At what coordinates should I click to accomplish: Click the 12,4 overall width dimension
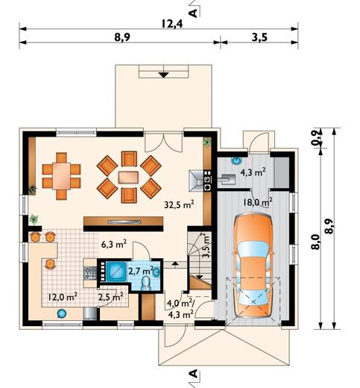tap(172, 24)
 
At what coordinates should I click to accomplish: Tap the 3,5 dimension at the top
tap(259, 37)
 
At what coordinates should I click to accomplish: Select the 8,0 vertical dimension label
tap(315, 242)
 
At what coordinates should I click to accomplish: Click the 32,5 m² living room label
tap(179, 204)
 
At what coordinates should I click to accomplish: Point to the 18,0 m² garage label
tap(258, 201)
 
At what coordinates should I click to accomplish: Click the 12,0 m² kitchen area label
tap(63, 296)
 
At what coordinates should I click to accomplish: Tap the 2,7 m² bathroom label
tap(140, 271)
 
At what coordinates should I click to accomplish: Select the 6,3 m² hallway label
tap(114, 244)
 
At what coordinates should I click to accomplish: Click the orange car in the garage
tap(253, 266)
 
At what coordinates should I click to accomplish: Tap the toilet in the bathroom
tap(146, 284)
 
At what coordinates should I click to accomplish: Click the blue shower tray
tap(116, 271)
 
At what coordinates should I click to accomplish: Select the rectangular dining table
tap(61, 176)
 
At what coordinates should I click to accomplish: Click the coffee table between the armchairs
tap(128, 177)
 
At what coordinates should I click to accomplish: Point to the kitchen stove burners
tap(90, 273)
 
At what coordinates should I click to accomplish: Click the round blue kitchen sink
tap(61, 313)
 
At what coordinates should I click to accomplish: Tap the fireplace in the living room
tap(197, 181)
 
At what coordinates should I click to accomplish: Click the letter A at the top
tap(193, 13)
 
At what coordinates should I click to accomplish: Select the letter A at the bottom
tap(193, 373)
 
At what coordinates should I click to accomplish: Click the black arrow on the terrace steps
tap(163, 75)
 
